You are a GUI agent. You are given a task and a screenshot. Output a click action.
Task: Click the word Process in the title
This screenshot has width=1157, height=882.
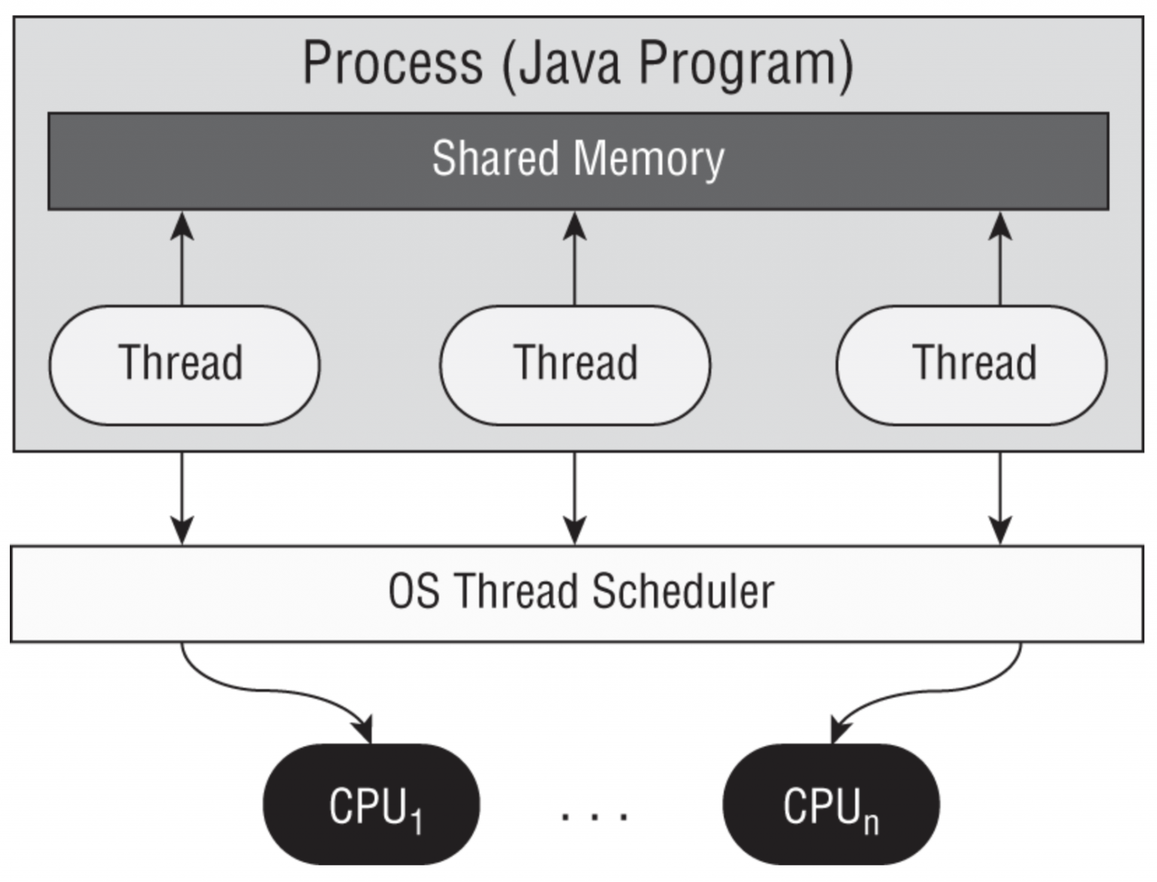tap(392, 63)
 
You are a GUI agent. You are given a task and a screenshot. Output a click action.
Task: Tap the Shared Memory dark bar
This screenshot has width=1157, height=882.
tap(578, 160)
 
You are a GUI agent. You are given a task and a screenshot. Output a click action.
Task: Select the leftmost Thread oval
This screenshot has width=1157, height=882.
tap(184, 365)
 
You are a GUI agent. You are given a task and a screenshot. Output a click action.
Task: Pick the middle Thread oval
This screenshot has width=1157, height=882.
tap(575, 365)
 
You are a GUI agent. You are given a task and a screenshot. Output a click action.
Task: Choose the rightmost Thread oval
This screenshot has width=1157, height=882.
tap(972, 365)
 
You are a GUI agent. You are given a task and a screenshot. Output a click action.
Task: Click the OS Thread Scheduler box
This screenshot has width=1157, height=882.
tap(577, 593)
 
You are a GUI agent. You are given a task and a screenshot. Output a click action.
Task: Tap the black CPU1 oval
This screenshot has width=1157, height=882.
tap(371, 804)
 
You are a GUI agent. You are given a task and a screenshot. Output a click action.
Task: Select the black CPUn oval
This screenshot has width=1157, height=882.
tap(831, 804)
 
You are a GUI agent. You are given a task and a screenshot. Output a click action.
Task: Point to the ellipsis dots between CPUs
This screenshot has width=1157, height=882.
tap(594, 814)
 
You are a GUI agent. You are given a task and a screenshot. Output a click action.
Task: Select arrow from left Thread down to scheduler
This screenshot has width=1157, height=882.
tap(182, 497)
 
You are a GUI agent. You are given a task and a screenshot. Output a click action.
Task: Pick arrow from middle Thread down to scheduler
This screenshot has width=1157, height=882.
tap(575, 497)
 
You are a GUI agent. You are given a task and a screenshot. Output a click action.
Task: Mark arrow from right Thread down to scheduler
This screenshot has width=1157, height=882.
tap(1000, 497)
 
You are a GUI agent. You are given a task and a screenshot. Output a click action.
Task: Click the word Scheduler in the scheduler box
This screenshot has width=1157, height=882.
tap(682, 592)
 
